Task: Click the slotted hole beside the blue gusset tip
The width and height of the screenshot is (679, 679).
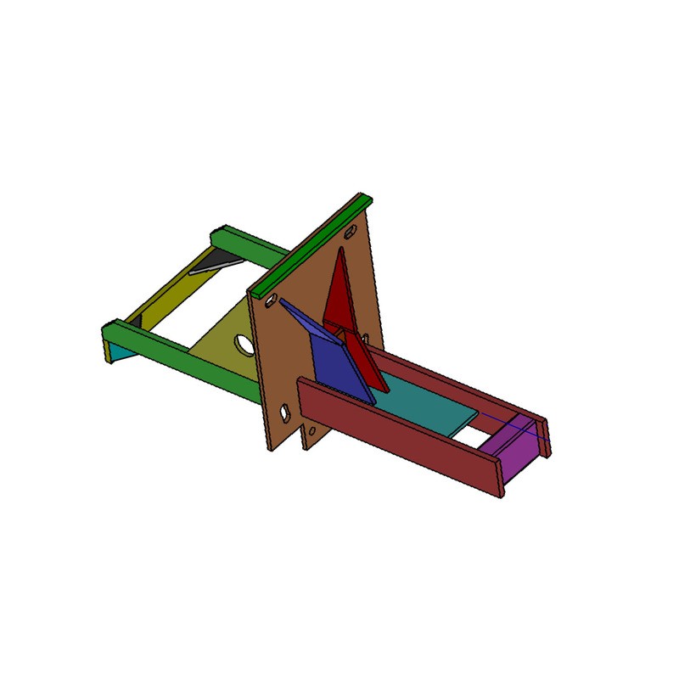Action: [x=269, y=300]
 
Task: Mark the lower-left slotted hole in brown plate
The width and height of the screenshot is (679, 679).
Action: [x=286, y=412]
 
